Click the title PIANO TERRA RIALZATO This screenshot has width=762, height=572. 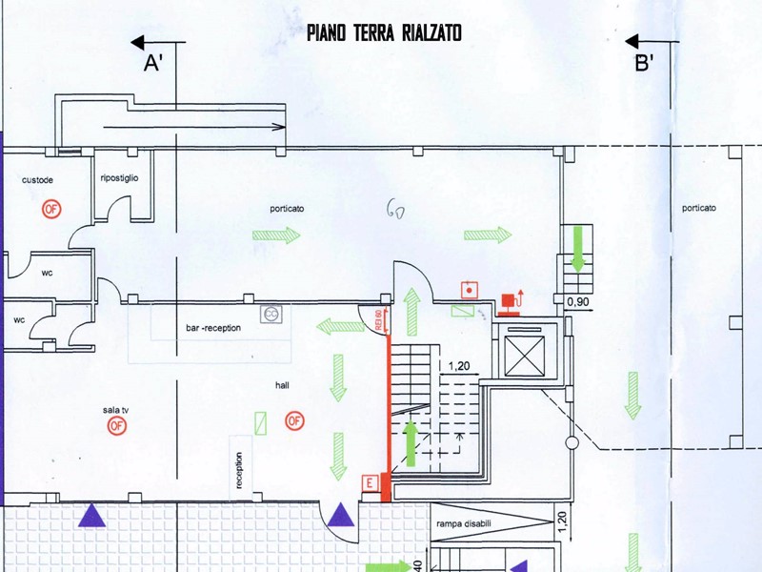coord(384,33)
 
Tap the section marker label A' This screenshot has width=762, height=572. coord(153,64)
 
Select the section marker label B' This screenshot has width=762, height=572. coord(644,64)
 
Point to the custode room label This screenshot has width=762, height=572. coord(37,181)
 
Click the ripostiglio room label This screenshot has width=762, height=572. coord(120,178)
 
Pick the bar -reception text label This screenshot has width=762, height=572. coord(213,328)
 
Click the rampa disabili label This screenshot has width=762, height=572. coord(466,523)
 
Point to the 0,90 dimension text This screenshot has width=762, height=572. coord(578,302)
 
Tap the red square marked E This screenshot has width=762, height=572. coord(369,484)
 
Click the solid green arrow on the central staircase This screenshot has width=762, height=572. coord(411,441)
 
